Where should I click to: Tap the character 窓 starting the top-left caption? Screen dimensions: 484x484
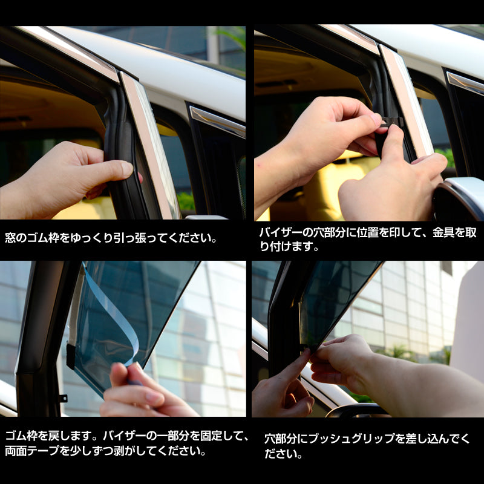click(10, 238)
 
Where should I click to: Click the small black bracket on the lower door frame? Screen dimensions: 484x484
click(62, 398)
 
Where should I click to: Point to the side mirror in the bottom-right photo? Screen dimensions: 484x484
click(357, 411)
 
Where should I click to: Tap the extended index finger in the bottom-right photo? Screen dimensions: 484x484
click(296, 369)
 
